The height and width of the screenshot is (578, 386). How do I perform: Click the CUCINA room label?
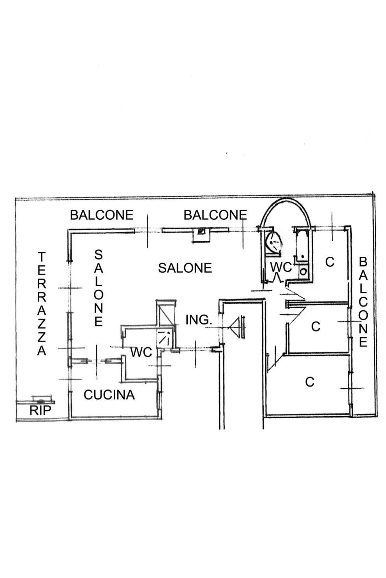pos(109,394)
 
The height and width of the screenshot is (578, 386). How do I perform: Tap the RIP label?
pos(40,410)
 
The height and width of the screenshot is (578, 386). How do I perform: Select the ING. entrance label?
pos(199,320)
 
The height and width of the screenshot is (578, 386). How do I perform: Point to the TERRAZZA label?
pos(42,304)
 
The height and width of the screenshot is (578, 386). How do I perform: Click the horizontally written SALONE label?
pos(185,268)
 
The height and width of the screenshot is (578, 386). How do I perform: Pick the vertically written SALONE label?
pos(99,288)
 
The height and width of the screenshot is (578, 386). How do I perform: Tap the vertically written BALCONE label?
pos(363,302)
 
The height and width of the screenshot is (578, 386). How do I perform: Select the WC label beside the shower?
pos(141,352)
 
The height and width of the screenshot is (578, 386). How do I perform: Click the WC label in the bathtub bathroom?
pos(281,267)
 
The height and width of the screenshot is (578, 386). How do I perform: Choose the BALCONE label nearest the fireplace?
pos(215,215)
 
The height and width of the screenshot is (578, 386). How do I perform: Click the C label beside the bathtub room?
pos(330,262)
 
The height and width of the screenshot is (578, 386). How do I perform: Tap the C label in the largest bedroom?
pos(310,382)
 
